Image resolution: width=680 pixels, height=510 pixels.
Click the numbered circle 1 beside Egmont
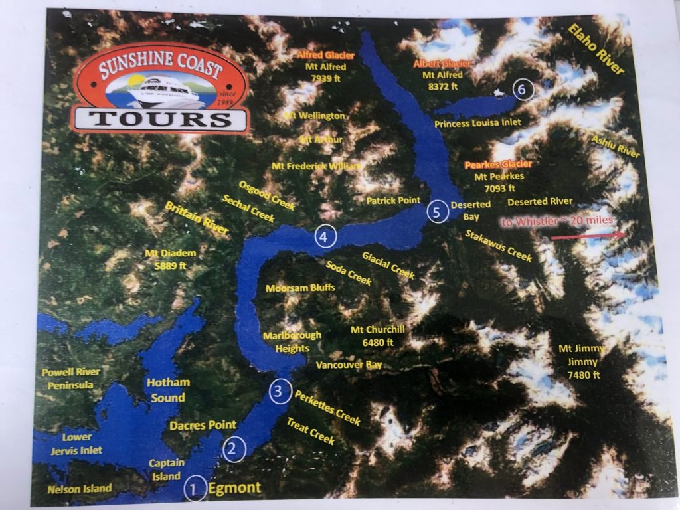click(x=195, y=490)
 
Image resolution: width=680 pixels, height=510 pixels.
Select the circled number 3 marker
click(x=280, y=391)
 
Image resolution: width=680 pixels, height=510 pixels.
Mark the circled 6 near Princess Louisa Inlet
click(x=523, y=88)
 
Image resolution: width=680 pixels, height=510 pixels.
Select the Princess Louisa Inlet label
click(x=477, y=123)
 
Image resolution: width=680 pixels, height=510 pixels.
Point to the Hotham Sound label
click(x=167, y=390)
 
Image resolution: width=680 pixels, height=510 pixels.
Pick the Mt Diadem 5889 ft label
click(x=165, y=260)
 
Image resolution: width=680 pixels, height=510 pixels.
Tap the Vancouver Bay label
click(x=349, y=365)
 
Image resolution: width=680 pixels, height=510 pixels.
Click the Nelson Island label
click(x=80, y=489)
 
